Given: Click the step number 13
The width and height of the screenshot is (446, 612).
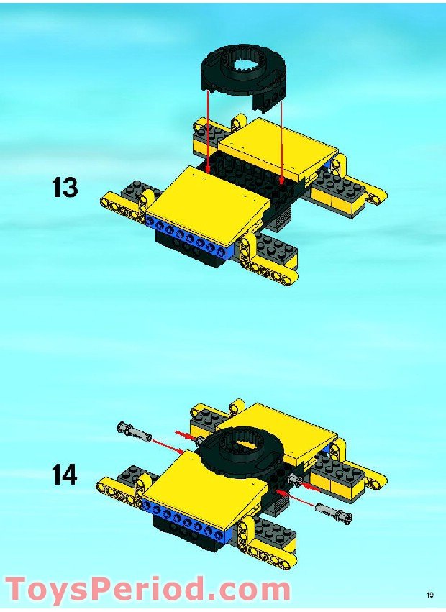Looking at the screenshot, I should click(x=65, y=188).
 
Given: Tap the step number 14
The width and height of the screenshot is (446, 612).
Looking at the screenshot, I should click(x=65, y=475).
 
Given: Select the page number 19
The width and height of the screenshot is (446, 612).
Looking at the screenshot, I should click(x=429, y=595).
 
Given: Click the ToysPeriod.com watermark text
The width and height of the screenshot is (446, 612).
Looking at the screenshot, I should click(x=147, y=590).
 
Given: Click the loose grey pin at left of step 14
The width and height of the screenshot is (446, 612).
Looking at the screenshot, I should click(x=132, y=432).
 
